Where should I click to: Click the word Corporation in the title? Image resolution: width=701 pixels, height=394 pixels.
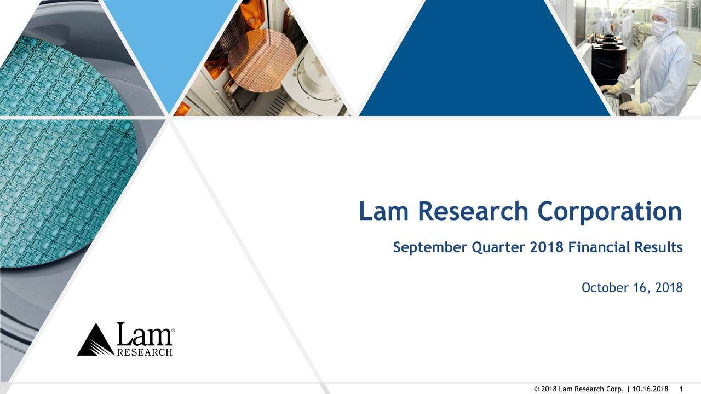[x=610, y=212]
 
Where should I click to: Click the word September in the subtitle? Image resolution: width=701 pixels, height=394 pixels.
[x=429, y=248]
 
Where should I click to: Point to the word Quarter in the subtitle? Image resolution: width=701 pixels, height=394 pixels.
[x=498, y=248]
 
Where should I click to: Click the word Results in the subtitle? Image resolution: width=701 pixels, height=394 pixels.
[x=658, y=248]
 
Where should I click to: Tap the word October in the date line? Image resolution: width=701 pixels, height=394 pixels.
[x=605, y=288]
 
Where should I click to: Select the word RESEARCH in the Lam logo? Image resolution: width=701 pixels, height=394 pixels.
[x=145, y=352]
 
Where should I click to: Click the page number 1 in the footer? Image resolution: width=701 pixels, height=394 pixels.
[x=680, y=389]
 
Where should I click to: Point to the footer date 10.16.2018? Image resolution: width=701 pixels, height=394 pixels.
[x=650, y=389]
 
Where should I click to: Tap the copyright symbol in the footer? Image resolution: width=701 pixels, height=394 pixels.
[x=536, y=389]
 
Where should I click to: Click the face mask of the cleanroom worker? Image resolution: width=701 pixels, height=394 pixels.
[x=659, y=28]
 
